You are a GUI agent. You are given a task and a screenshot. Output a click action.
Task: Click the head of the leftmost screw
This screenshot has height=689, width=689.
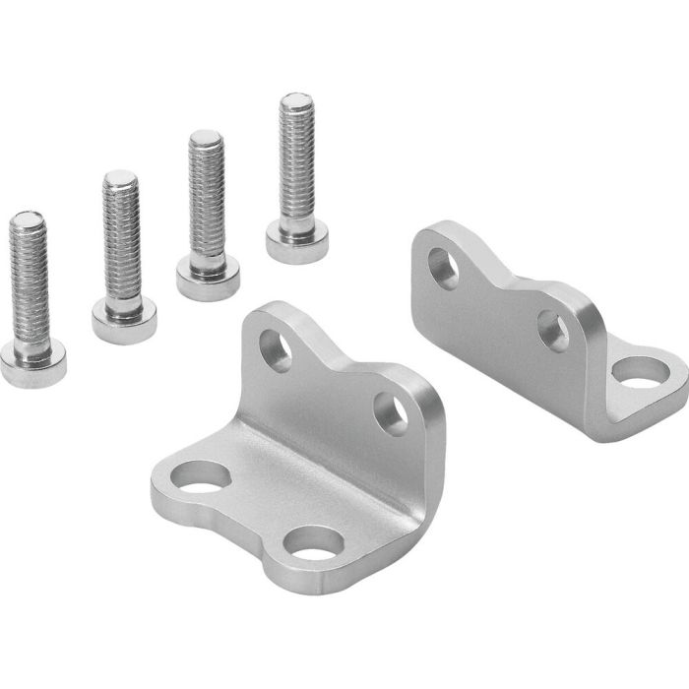click(x=33, y=365)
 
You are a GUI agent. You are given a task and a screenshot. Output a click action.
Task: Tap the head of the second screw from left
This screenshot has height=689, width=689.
click(x=124, y=319)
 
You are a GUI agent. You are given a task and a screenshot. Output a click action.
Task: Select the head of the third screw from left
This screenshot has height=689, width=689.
click(x=208, y=277)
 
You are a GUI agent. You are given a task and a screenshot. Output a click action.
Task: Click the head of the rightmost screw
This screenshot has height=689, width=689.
click(x=296, y=239)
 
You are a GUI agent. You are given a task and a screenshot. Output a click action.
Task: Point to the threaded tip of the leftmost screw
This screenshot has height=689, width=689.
click(x=27, y=219)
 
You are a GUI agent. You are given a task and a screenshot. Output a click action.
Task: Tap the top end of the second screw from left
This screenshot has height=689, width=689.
click(x=120, y=178)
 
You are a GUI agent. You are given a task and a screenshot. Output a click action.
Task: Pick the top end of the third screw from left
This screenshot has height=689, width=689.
click(x=206, y=137)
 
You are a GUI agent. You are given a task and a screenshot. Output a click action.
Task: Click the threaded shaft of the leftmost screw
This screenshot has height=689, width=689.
click(x=30, y=281)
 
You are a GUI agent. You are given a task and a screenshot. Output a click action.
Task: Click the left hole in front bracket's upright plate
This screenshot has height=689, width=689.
click(x=275, y=349)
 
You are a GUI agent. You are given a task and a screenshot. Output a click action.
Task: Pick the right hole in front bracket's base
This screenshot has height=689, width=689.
click(x=317, y=543)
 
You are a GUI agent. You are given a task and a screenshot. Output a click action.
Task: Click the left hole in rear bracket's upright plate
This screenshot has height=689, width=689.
click(x=443, y=267)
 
